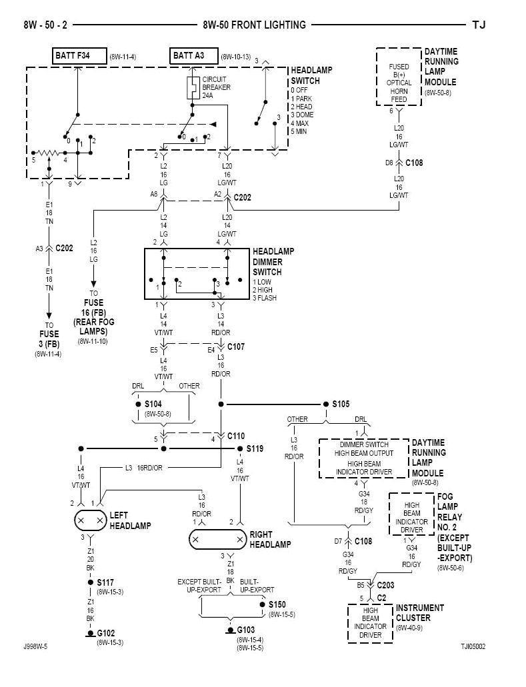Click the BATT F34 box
79,56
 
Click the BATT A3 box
193,56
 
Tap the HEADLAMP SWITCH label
311,75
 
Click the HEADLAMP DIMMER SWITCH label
273,262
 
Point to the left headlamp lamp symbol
90,520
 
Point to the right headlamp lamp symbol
217,539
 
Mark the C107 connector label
236,347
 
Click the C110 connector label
236,436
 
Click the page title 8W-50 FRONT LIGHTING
254,25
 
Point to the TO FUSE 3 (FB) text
48,334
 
